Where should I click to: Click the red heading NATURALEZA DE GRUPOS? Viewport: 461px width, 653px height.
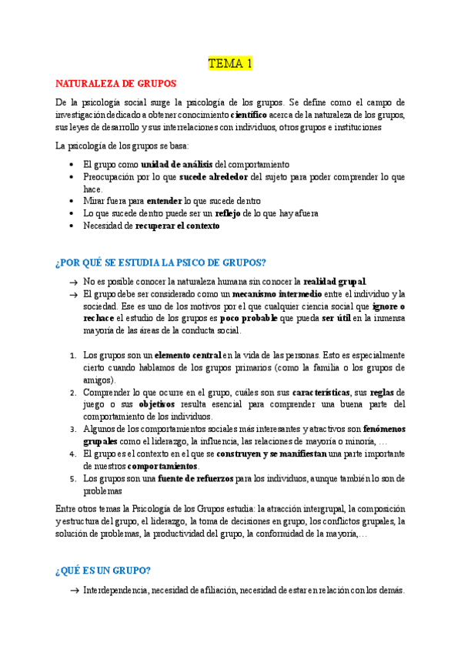pyautogui.click(x=115, y=83)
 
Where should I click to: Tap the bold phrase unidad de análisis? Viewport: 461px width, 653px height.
pyautogui.click(x=176, y=164)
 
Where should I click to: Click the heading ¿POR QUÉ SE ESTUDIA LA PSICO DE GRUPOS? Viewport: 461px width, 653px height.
pyautogui.click(x=161, y=263)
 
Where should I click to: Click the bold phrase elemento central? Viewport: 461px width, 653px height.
pyautogui.click(x=187, y=355)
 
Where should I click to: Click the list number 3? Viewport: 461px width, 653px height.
pyautogui.click(x=73, y=429)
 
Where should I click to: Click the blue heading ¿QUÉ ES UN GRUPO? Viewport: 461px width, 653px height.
pyautogui.click(x=102, y=571)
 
